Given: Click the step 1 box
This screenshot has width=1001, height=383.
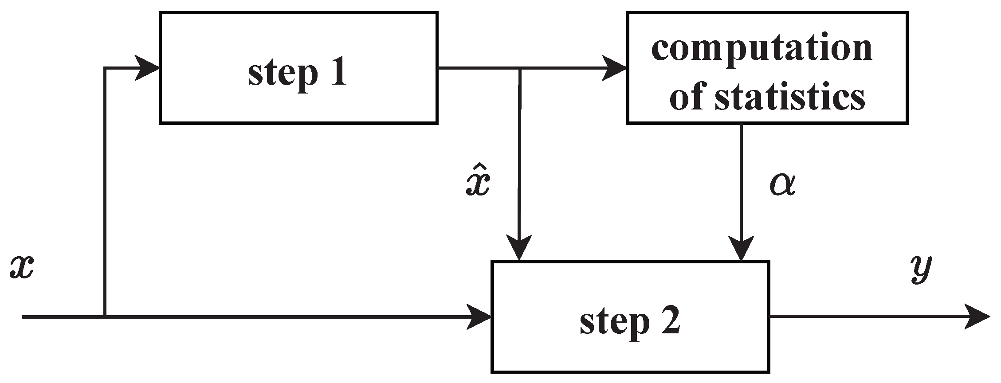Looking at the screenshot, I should [298, 68].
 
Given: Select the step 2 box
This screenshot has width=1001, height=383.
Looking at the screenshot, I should [630, 317].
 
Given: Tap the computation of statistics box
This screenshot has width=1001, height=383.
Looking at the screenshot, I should [767, 68].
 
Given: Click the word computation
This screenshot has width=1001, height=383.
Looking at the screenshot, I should [762, 48].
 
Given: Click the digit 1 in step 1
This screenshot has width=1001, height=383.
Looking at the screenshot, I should [338, 72].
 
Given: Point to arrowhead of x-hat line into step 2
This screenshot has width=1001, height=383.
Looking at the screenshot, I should [518, 249].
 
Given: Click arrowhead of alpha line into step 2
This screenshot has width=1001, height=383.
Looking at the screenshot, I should [742, 249].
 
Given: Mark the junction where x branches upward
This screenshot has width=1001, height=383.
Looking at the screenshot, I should [104, 317].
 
